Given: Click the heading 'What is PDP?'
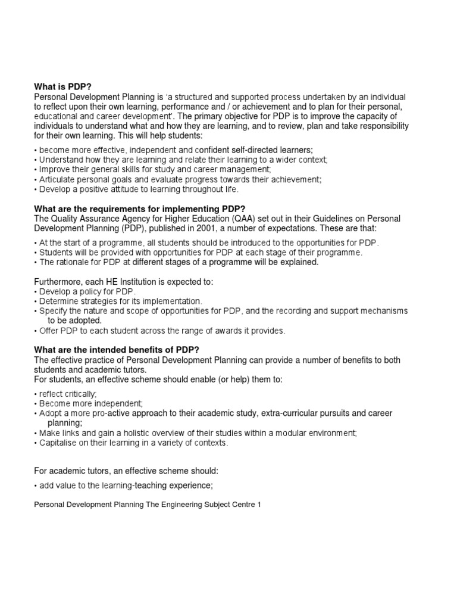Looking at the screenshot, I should click(x=60, y=86).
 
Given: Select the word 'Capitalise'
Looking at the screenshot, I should click(x=57, y=443).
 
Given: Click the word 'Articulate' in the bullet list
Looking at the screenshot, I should click(x=56, y=179).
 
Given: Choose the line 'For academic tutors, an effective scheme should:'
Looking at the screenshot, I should click(x=127, y=471).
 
